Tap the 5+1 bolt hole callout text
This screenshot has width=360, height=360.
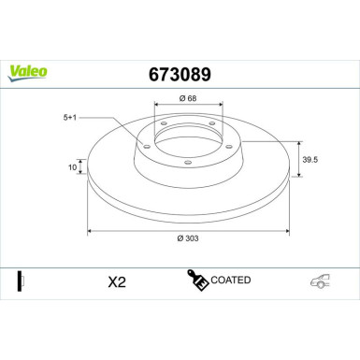pyautogui.click(x=70, y=117)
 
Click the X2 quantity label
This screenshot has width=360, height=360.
pyautogui.click(x=117, y=281)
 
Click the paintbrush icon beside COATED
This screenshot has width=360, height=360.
pyautogui.click(x=197, y=280)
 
